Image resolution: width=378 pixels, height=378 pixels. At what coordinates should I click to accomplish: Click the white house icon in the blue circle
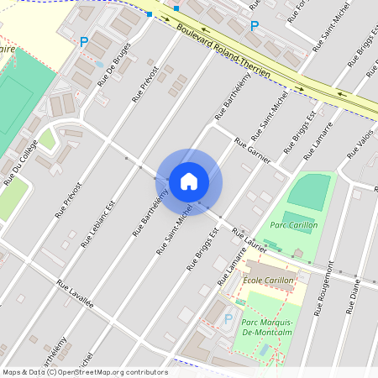coord(189,181)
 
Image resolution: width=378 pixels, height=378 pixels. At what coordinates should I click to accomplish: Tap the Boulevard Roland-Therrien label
coord(223,51)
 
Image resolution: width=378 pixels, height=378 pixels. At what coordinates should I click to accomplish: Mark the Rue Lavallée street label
coord(76,296)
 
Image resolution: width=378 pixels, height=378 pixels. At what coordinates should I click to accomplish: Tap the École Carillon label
coord(268,281)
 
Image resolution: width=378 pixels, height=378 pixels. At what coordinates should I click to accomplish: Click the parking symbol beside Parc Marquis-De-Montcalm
coord(228,318)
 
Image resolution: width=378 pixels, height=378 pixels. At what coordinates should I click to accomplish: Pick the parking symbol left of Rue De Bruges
coord(83,41)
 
